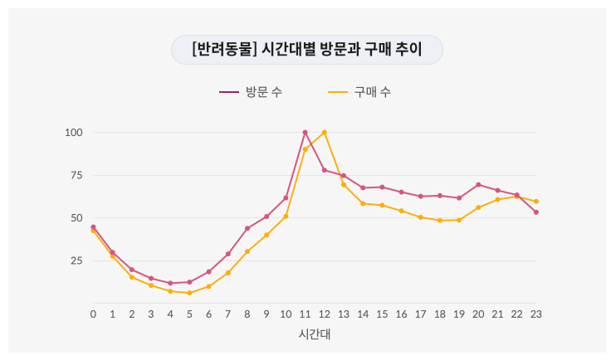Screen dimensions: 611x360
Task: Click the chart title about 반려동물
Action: click(x=306, y=50)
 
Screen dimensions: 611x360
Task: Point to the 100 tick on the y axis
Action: click(x=74, y=133)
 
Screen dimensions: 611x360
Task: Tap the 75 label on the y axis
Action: click(x=76, y=175)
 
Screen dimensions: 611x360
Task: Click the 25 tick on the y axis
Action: click(x=76, y=260)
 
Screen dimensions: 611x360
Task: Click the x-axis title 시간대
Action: click(x=315, y=334)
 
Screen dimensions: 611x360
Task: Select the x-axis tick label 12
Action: click(x=325, y=314)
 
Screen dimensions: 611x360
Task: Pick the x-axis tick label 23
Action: click(x=535, y=314)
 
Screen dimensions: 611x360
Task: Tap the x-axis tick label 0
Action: click(x=93, y=314)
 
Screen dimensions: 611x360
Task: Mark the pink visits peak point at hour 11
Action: click(x=305, y=133)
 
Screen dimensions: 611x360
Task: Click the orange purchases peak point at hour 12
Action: click(x=325, y=133)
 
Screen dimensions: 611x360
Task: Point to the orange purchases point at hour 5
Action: click(x=189, y=293)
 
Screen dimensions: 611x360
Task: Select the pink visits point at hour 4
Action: click(x=170, y=283)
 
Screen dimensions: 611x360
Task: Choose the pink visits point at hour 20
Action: click(x=478, y=184)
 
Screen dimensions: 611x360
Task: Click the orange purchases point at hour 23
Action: click(x=536, y=202)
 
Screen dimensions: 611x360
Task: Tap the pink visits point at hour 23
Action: click(x=536, y=212)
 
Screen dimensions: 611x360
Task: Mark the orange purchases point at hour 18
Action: click(x=440, y=221)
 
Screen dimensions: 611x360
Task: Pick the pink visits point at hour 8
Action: click(x=247, y=228)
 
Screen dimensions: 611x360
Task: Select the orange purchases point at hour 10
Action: click(x=286, y=216)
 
